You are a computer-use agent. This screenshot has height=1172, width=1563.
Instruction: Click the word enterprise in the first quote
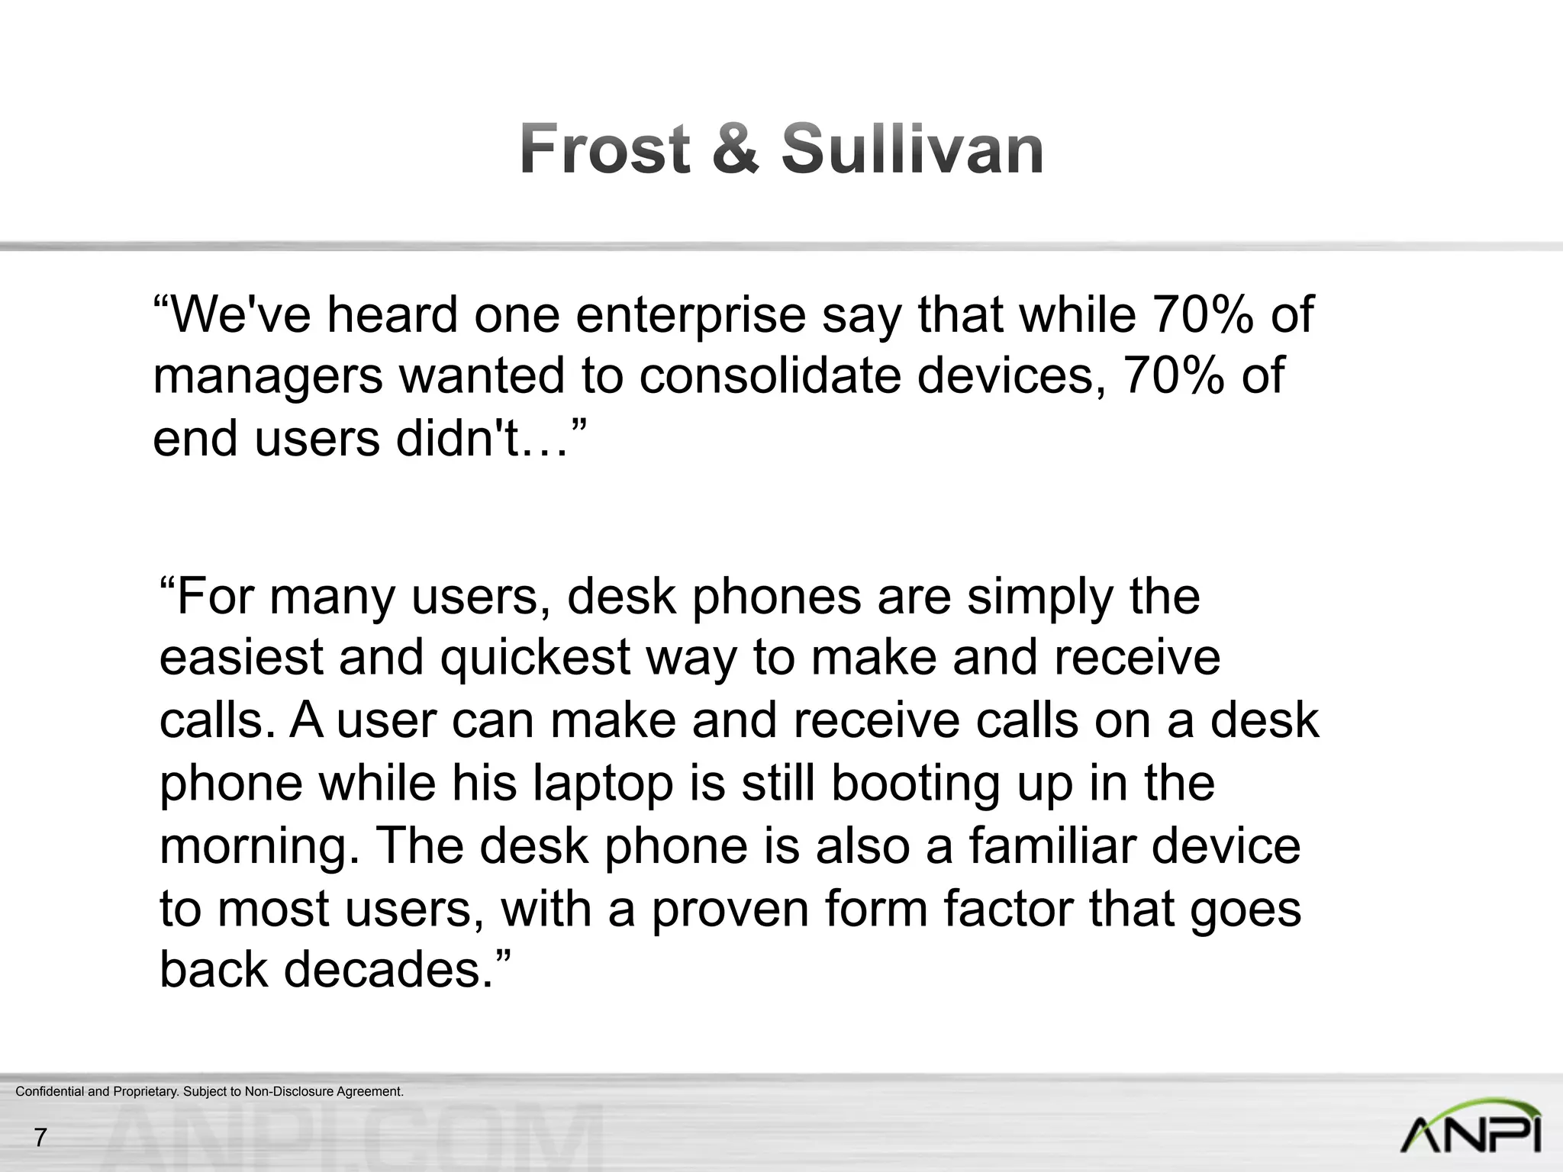tap(691, 315)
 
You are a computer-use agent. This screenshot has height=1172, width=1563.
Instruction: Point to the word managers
tap(267, 378)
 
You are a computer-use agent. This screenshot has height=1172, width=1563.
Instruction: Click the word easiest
tap(242, 658)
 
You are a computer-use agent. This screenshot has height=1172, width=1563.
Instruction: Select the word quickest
tap(535, 658)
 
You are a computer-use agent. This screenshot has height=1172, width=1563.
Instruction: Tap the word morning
tap(259, 847)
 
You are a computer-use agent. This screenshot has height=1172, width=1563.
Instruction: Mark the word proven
tap(730, 910)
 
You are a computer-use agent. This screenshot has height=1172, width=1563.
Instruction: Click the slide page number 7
tap(40, 1138)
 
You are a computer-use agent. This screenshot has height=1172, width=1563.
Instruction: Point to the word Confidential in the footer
tap(50, 1092)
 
